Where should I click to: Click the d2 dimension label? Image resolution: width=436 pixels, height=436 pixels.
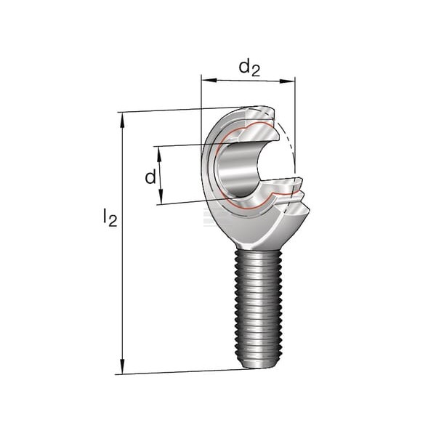coord(249,68)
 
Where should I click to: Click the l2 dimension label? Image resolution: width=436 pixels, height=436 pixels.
coord(110,217)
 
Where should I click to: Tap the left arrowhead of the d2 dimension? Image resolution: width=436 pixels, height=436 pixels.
coord(209,80)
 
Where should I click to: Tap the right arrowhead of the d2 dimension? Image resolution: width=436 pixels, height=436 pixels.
coord(287,81)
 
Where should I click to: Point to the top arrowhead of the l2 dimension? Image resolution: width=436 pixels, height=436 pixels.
coord(122,120)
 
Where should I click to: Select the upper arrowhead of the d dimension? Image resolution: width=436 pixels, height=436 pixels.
coord(159,154)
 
